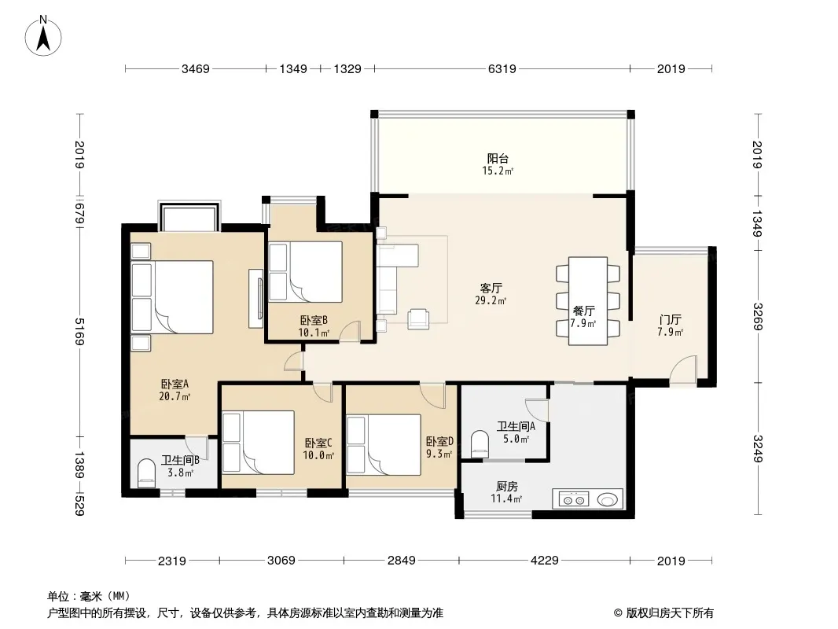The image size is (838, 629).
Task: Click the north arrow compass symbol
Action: pos(43,35)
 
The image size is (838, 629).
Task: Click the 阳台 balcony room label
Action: pos(498,158)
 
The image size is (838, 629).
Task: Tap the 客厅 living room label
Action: pos(491,289)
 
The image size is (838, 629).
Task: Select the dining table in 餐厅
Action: pos(587,301)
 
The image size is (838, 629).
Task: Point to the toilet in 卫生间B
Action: pos(146,473)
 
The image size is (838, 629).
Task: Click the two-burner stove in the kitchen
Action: pos(573,500)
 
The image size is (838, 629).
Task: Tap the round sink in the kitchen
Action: pos(608,500)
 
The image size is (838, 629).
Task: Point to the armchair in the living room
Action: pos(418,318)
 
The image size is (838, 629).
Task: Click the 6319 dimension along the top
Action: pos(502,68)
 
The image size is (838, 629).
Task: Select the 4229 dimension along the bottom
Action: pos(544,561)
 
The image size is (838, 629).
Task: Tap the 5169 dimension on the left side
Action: pos(79,332)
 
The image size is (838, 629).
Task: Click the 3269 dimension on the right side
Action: pos(758,316)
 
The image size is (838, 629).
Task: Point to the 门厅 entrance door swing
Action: pos(683,370)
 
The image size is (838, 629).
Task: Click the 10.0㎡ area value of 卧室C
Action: pos(318,455)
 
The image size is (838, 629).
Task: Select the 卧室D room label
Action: pos(439,442)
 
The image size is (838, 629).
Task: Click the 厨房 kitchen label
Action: pos(506,487)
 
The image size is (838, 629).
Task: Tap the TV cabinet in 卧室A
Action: pos(256,299)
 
